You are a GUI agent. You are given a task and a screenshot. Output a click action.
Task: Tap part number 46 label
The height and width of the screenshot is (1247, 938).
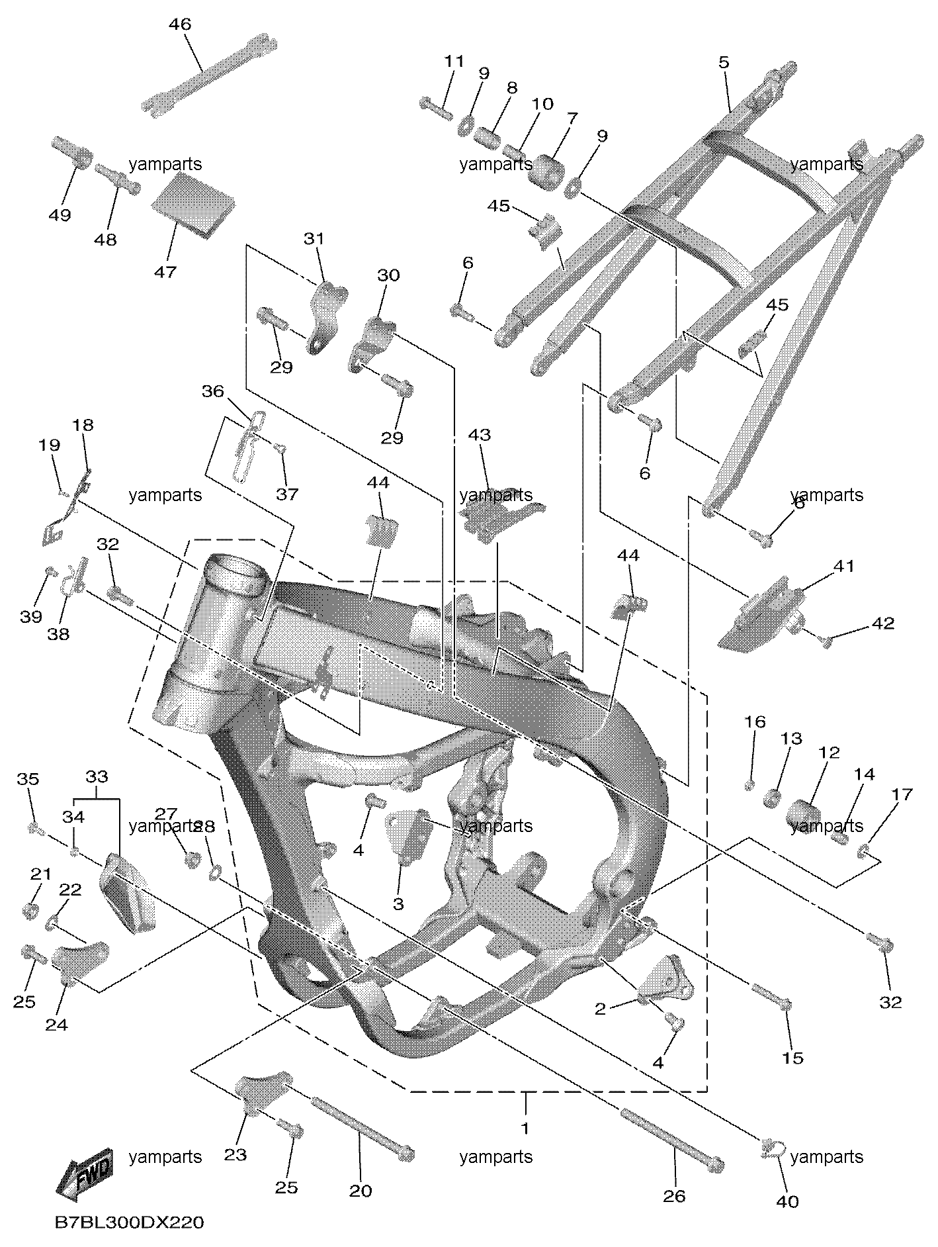(x=180, y=25)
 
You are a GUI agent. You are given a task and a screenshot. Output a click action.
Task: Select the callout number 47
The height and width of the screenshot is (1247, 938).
(x=165, y=271)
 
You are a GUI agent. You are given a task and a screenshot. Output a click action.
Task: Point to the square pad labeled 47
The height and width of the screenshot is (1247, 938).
(x=193, y=203)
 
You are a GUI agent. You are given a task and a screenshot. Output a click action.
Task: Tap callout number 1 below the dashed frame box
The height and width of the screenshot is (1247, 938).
(x=526, y=1128)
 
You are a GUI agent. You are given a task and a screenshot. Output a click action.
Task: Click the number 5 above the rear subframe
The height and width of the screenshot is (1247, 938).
(x=724, y=62)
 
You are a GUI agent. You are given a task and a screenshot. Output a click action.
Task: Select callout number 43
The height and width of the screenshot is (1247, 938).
(x=480, y=435)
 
